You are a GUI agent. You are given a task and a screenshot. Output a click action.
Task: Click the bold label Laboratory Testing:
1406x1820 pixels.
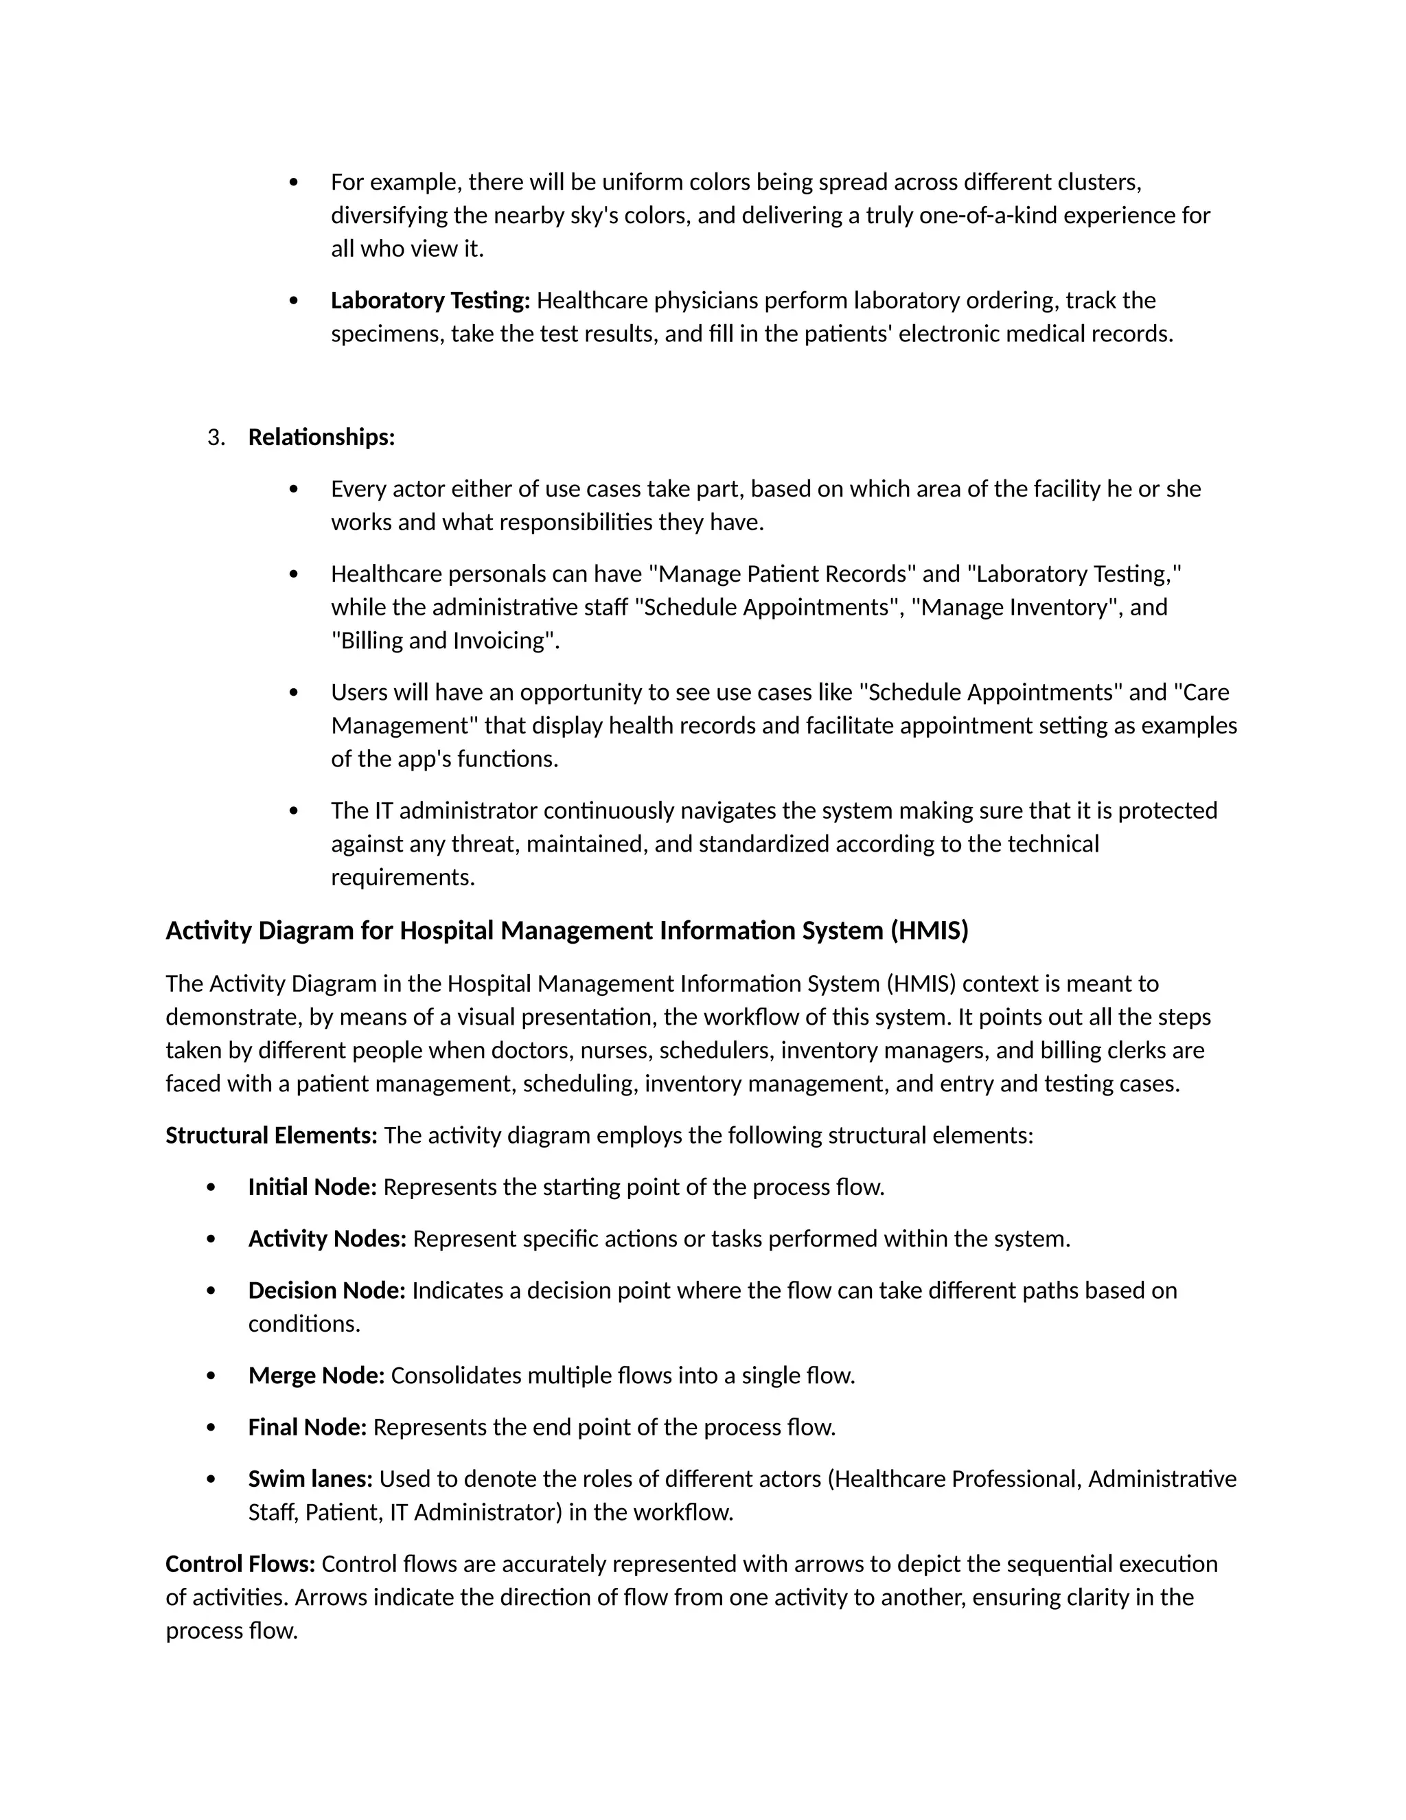pos(430,300)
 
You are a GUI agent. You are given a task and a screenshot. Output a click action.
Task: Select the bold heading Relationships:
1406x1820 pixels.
pos(321,437)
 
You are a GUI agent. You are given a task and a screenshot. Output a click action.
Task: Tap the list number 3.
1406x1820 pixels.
pos(216,437)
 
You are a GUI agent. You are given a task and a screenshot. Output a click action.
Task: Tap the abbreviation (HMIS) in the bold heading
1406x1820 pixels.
pos(929,930)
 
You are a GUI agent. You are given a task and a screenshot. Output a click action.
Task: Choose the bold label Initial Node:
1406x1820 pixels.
pos(312,1187)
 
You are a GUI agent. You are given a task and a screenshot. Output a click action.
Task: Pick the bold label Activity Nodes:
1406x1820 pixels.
pos(327,1238)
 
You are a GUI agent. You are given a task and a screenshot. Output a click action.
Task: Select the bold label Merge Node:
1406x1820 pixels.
pos(316,1375)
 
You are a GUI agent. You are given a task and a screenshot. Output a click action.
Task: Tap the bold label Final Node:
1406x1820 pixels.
pos(308,1426)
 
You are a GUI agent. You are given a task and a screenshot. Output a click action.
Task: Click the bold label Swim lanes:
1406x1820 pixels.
pos(310,1479)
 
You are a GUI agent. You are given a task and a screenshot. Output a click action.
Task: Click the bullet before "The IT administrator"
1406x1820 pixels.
pos(293,811)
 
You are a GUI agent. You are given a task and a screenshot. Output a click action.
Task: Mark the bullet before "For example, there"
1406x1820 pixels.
pos(293,183)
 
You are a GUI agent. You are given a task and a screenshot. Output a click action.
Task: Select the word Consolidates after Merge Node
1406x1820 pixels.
pos(457,1375)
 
